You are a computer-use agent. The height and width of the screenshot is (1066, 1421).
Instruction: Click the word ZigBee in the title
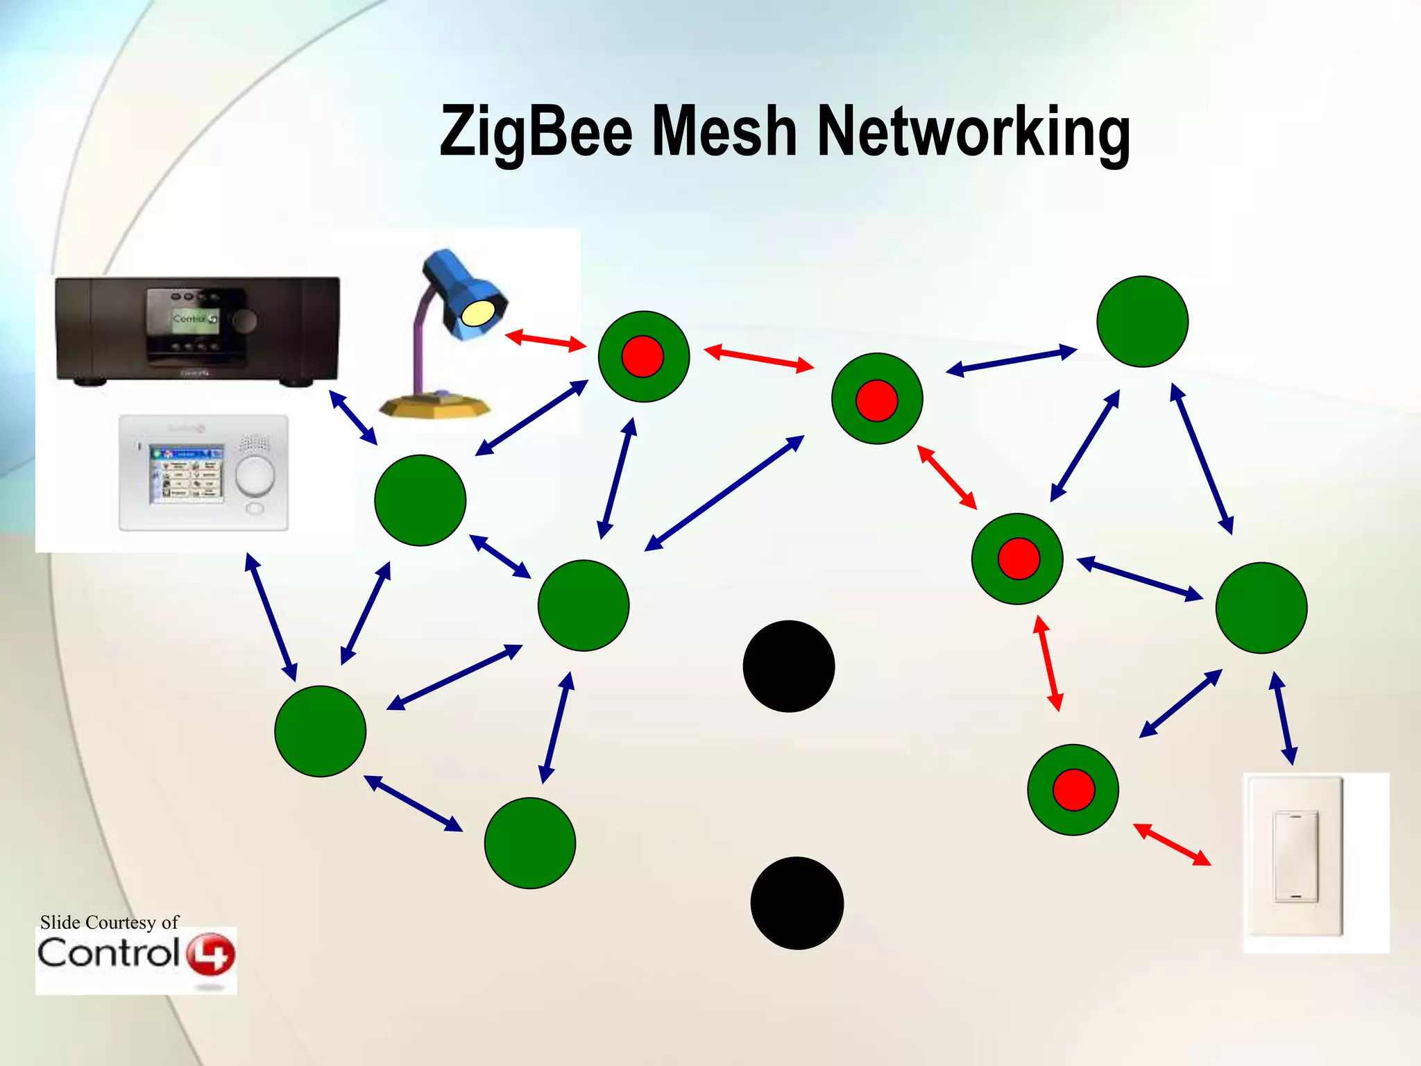tap(536, 132)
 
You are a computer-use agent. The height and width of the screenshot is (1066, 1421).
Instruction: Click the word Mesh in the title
tap(724, 132)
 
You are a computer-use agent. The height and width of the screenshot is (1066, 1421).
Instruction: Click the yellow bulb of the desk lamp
tap(478, 313)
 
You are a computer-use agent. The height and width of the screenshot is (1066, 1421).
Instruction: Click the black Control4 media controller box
tap(198, 329)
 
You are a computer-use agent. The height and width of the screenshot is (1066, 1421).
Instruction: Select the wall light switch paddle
tap(1295, 856)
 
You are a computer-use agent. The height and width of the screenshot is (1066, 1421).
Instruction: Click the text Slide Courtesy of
tap(109, 922)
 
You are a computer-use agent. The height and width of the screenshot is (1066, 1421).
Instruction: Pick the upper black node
tap(789, 666)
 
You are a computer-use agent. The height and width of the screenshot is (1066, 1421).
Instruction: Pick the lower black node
tap(797, 903)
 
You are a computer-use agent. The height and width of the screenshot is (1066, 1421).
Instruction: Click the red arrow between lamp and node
tap(545, 340)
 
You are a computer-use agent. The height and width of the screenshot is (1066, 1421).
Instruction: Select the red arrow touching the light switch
tap(1172, 845)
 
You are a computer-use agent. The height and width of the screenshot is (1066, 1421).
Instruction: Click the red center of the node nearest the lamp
tap(643, 357)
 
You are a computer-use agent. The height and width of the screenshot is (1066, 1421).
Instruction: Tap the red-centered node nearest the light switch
tap(1073, 790)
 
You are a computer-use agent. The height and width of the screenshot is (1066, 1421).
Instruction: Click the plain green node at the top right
tap(1142, 321)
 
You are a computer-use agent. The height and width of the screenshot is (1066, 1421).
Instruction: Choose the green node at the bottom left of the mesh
tap(321, 731)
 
